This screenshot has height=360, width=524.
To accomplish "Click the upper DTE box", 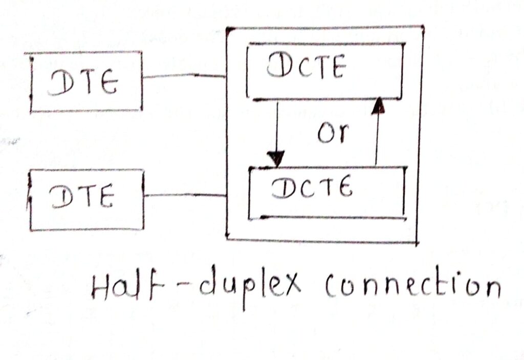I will pos(85,82).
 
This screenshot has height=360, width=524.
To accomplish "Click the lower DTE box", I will pos(86,200).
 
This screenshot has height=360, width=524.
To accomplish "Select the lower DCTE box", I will pos(326,192).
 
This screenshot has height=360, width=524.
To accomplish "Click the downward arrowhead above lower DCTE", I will pos(277,159).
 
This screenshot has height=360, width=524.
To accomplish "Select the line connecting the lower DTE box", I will pos(185,195).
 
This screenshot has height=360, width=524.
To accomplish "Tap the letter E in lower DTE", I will pos(105,197).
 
